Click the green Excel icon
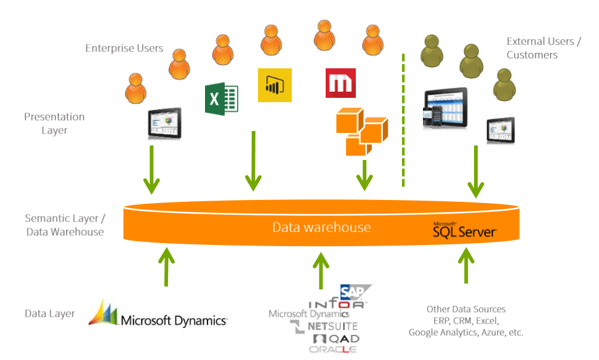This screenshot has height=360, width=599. (221, 99)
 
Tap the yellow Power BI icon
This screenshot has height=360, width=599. (274, 85)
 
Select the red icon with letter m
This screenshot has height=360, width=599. (340, 83)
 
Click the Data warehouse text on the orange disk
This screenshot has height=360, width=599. (321, 227)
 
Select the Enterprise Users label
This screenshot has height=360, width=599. (124, 48)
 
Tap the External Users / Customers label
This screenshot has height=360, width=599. (543, 48)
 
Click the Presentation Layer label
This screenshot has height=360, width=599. (54, 123)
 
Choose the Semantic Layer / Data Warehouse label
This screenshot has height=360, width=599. (65, 225)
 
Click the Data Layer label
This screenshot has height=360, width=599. (49, 313)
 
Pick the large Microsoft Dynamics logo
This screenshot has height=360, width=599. (158, 315)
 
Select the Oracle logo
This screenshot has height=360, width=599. (333, 350)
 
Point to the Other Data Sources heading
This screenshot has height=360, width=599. (465, 309)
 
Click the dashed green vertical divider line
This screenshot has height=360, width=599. (403, 120)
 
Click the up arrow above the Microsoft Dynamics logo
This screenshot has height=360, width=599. (166, 266)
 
